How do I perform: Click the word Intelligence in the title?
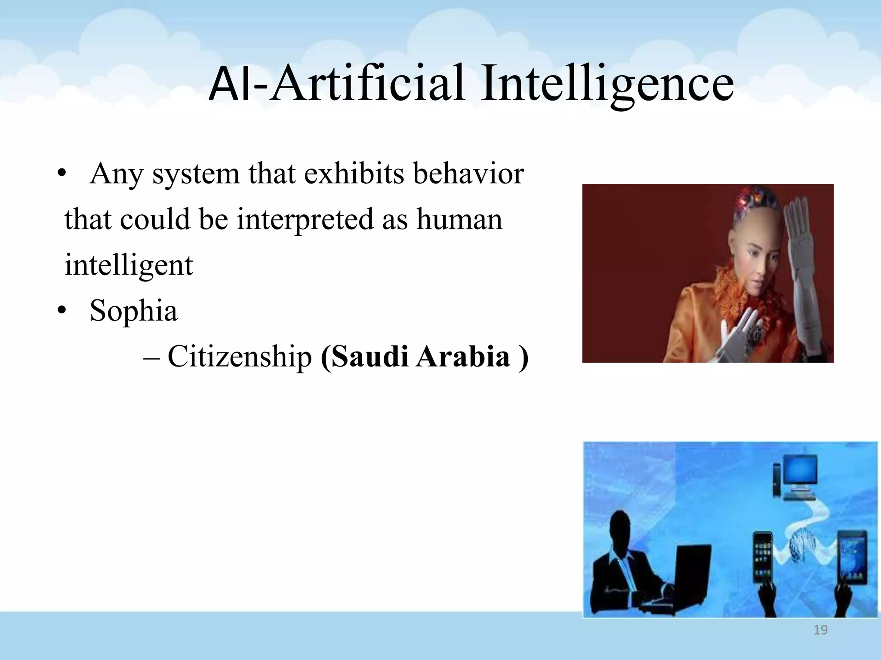[x=607, y=84]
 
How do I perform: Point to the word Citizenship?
[x=239, y=357]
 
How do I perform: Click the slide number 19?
[x=820, y=630]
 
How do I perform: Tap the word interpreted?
[x=305, y=220]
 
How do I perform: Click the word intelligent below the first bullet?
[x=129, y=265]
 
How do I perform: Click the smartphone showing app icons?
[x=763, y=556]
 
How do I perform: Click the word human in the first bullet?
[x=459, y=220]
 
